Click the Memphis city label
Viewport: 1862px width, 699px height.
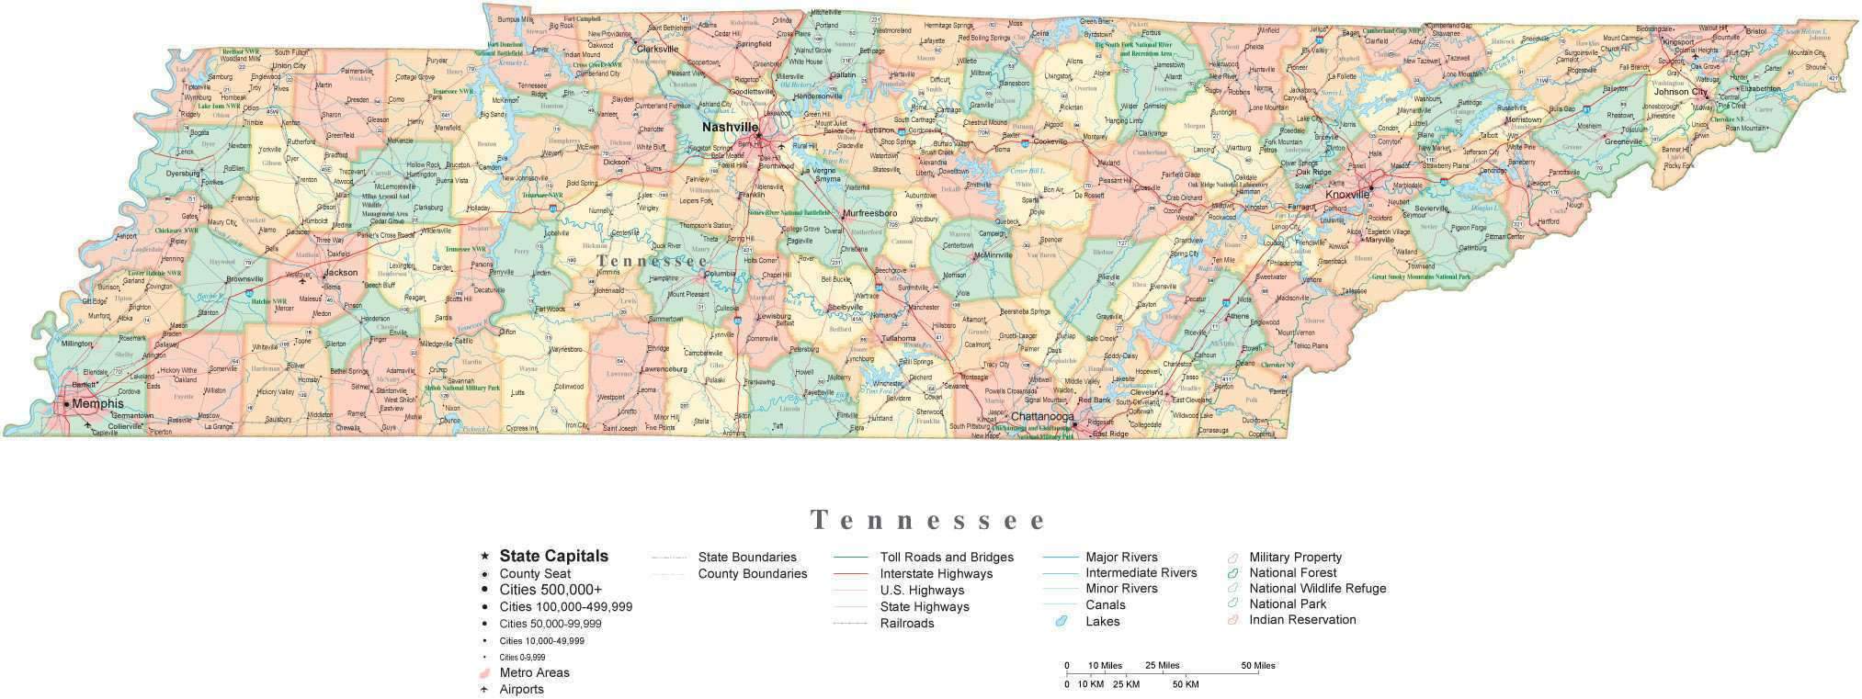[x=97, y=403]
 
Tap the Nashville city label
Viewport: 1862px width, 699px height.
[x=730, y=126]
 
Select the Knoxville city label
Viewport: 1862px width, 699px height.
[x=1346, y=195]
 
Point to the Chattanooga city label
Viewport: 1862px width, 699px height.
[x=1042, y=417]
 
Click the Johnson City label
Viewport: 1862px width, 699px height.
[x=1680, y=92]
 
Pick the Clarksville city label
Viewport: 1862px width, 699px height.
[x=657, y=49]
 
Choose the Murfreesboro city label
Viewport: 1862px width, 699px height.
[x=869, y=213]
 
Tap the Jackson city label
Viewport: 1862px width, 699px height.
[x=341, y=272]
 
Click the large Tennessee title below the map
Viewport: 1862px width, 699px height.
[x=928, y=521]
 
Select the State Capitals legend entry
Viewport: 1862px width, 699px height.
[x=553, y=556]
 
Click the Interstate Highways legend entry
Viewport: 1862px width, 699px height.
[x=936, y=574]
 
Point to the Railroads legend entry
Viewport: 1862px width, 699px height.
[x=906, y=624]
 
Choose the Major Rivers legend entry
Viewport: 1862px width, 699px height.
[x=1121, y=558]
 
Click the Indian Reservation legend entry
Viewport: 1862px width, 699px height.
[x=1301, y=620]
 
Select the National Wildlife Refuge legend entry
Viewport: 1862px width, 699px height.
[x=1316, y=589]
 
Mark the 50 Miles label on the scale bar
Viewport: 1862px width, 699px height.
[x=1257, y=666]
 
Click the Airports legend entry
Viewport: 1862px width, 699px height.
[x=521, y=690]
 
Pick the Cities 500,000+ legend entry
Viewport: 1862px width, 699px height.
[x=551, y=590]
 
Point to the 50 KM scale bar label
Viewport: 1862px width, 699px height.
[x=1185, y=684]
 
